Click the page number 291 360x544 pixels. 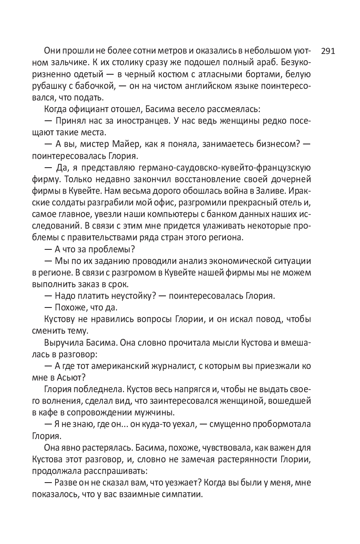pos(328,51)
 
